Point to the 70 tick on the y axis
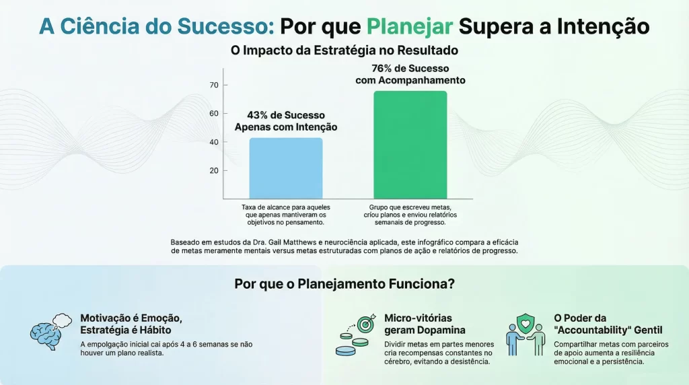215,85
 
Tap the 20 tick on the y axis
215,170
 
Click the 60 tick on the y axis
215,113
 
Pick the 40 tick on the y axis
215,142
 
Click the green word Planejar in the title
410,26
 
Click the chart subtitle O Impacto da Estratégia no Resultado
344,50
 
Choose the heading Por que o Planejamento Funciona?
344,283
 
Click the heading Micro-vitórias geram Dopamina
424,324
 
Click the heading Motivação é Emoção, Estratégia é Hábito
131,324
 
